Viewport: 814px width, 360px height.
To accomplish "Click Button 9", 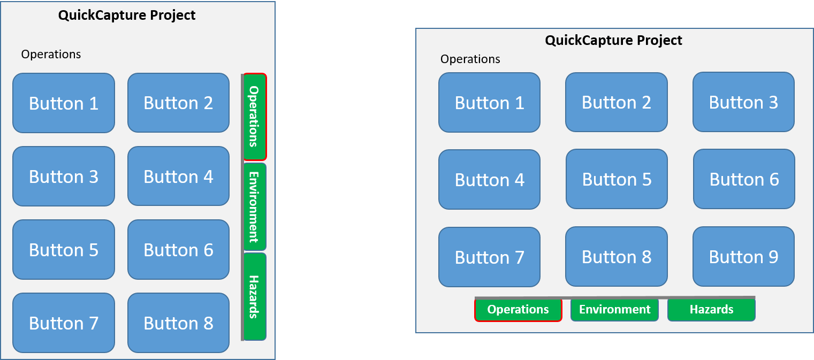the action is pyautogui.click(x=743, y=256).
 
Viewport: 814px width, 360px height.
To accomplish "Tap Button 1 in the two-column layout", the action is pyautogui.click(x=64, y=103).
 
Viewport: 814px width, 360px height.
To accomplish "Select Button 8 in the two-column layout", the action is pyautogui.click(x=178, y=323).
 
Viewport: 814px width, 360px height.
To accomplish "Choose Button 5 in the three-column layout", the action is pyautogui.click(x=617, y=179).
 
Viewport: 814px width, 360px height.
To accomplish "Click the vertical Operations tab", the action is pyautogui.click(x=255, y=117).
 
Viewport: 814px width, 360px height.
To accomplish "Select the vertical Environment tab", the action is pyautogui.click(x=255, y=206).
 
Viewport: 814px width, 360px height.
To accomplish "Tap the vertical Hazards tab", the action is pyautogui.click(x=255, y=296).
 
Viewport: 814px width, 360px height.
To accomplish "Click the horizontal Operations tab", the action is pyautogui.click(x=518, y=310).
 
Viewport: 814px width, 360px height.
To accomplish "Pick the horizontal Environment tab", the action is pyautogui.click(x=614, y=310).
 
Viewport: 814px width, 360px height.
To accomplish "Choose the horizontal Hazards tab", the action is pyautogui.click(x=712, y=310).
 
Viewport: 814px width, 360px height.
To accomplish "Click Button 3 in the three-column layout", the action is pyautogui.click(x=743, y=102).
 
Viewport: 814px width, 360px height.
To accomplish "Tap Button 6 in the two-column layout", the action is pyautogui.click(x=178, y=249).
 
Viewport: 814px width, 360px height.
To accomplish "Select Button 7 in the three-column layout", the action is pyautogui.click(x=490, y=257).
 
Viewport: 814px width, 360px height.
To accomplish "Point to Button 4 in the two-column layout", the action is pyautogui.click(x=178, y=176).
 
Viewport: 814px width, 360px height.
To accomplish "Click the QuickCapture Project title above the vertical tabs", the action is pyautogui.click(x=127, y=16).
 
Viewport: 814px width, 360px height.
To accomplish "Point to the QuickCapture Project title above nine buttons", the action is pyautogui.click(x=613, y=40).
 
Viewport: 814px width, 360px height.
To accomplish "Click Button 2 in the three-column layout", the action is pyautogui.click(x=617, y=102).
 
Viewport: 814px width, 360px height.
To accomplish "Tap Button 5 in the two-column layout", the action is pyautogui.click(x=64, y=249).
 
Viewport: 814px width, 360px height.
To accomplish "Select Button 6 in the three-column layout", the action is pyautogui.click(x=744, y=179).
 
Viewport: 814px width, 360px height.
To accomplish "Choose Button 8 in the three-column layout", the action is pyautogui.click(x=617, y=256).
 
